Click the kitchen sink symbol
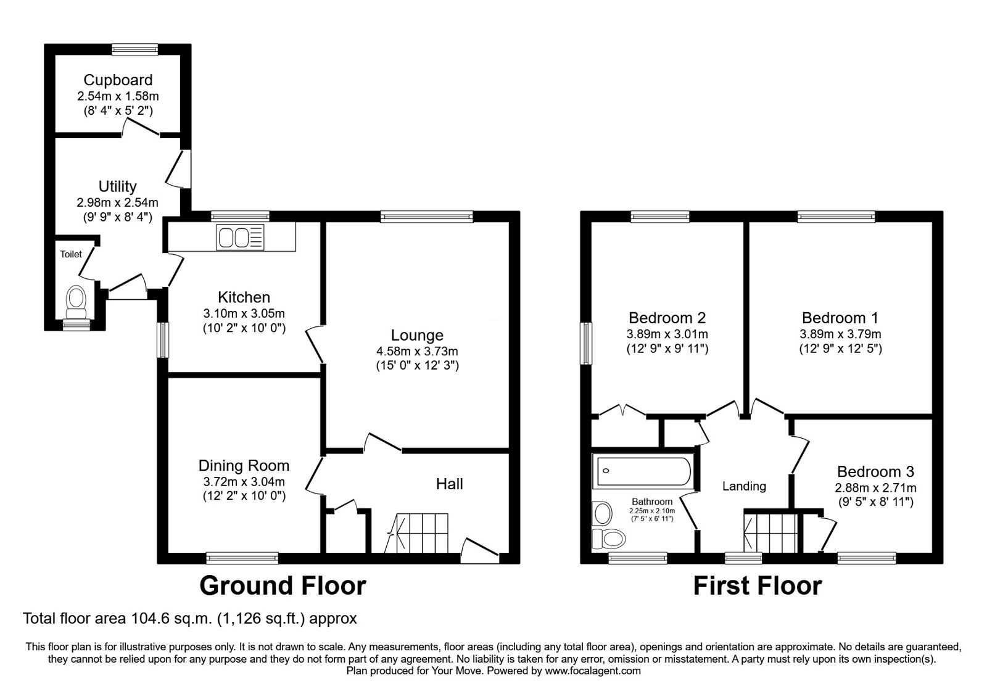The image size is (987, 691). coord(240,238)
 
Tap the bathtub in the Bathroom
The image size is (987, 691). coord(642,471)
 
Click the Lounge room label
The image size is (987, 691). coord(417,335)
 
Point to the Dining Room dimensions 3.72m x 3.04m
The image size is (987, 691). coord(244,481)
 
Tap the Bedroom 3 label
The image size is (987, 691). coord(875,472)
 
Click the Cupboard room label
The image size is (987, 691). coord(118,80)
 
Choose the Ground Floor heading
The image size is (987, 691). coord(283,585)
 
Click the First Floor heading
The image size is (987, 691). coord(757,585)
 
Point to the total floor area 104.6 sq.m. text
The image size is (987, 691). coord(189,618)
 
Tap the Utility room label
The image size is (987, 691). coord(117,186)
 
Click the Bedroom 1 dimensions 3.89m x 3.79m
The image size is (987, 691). coord(840,334)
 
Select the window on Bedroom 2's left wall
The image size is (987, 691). coord(585,343)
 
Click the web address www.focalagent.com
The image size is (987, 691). coord(593,671)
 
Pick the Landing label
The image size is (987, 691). coord(744,486)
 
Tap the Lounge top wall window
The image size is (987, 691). coord(426,215)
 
